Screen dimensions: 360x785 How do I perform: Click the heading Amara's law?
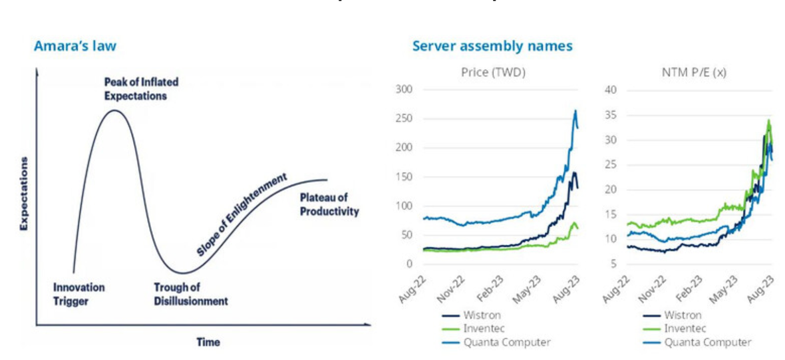click(x=75, y=46)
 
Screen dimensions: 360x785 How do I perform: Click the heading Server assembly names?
click(x=492, y=46)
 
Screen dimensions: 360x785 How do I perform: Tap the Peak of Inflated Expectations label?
click(x=141, y=89)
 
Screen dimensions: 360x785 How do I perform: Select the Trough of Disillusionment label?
click(x=190, y=294)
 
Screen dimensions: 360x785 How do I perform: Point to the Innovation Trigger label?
click(x=78, y=294)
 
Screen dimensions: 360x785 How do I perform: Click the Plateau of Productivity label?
click(x=329, y=204)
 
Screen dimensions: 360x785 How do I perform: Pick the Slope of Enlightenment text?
click(x=241, y=214)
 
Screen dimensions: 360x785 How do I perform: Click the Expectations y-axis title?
click(x=24, y=194)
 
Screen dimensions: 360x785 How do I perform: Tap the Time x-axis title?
click(x=208, y=342)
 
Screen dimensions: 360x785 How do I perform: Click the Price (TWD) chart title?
click(x=493, y=73)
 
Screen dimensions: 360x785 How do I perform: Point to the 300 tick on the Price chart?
click(x=404, y=89)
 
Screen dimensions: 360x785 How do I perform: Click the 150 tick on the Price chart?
click(x=404, y=176)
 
